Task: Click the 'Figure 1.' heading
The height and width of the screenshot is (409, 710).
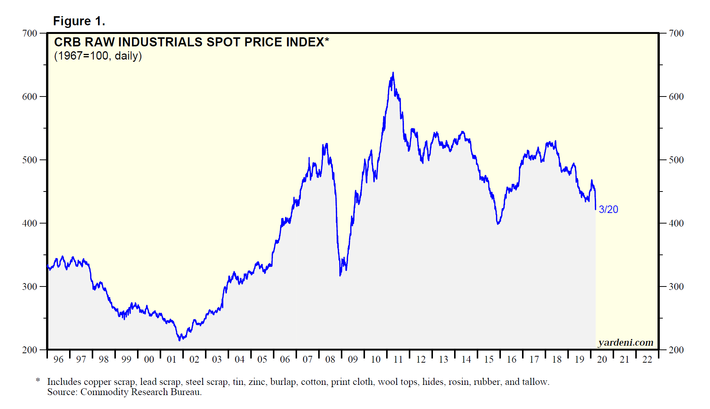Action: (x=79, y=21)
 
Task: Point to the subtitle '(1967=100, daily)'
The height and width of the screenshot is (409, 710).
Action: (x=98, y=56)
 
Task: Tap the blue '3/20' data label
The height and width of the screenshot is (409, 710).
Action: (x=608, y=209)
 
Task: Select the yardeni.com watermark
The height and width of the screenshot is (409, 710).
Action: (x=626, y=342)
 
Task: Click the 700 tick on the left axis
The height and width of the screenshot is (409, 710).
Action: (x=30, y=33)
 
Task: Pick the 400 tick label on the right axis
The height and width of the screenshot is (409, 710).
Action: (x=676, y=223)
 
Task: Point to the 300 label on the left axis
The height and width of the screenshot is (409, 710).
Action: (x=30, y=286)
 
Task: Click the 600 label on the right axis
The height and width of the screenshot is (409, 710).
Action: (x=676, y=97)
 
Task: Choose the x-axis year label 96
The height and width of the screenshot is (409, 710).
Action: (x=59, y=359)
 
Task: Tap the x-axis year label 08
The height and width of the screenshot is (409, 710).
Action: (x=330, y=359)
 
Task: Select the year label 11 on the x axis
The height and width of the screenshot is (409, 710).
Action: (x=398, y=359)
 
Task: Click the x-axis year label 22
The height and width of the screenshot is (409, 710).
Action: (x=647, y=359)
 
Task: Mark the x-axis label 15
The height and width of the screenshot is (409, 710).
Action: (x=489, y=359)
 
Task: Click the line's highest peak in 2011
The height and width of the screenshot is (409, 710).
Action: (x=393, y=72)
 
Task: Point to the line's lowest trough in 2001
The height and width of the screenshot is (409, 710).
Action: (x=179, y=340)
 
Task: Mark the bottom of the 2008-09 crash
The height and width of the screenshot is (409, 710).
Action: (x=340, y=276)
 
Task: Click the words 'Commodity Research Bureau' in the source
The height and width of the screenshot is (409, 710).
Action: (x=140, y=392)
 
